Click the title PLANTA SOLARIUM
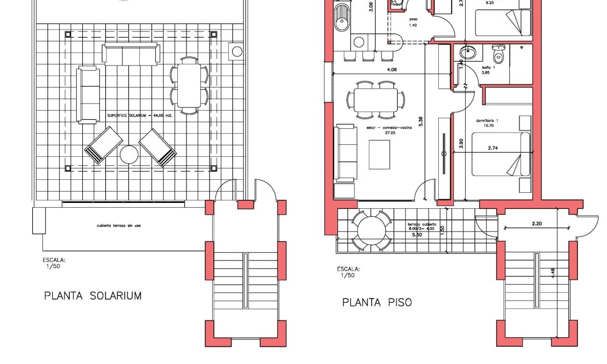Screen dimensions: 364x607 [93, 295]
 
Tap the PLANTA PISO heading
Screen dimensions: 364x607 [377, 302]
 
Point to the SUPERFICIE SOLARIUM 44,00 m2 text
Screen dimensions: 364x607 [140, 115]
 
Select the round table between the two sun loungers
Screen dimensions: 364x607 [129, 155]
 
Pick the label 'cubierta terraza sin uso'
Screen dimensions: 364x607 [119, 225]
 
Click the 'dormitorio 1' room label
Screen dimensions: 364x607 [487, 121]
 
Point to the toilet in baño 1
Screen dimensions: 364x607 [498, 55]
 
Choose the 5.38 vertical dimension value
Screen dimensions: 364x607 [421, 121]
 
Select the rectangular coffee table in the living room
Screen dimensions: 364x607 [380, 154]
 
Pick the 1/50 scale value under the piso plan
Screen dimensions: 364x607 [348, 275]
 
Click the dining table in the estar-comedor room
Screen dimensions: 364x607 [375, 99]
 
